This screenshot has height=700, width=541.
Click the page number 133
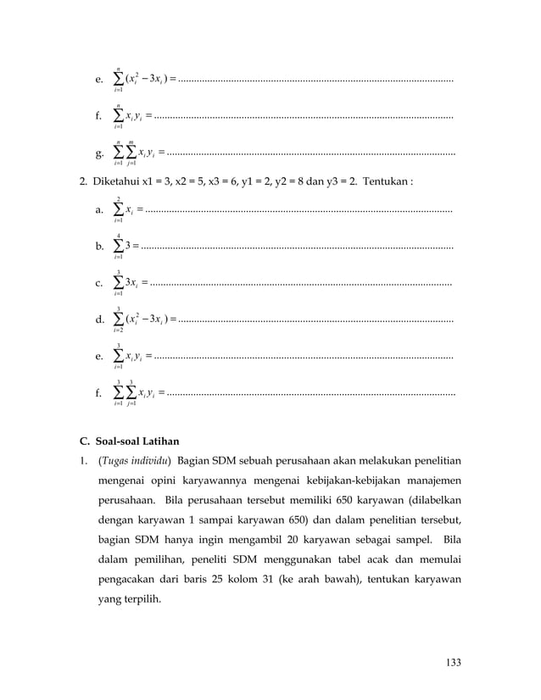tap(453, 662)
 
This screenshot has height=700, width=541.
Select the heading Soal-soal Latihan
tap(138, 442)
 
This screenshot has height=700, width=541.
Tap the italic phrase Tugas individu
tap(136, 463)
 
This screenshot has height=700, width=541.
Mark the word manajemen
tap(431, 482)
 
